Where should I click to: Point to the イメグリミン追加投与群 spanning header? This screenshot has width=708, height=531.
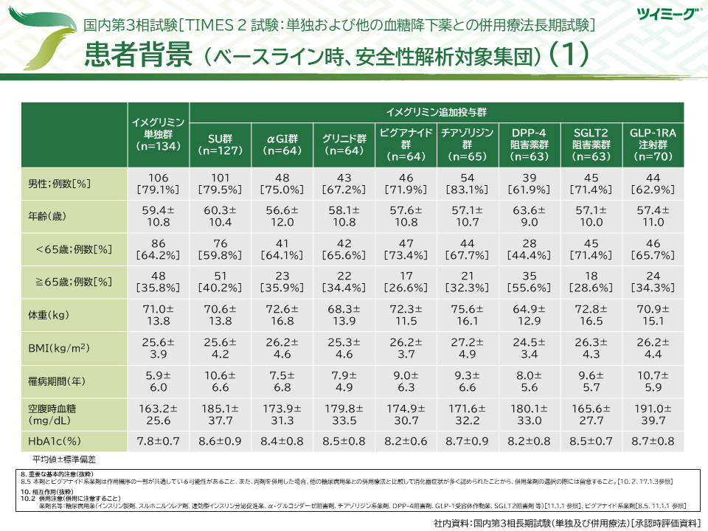pos(437,112)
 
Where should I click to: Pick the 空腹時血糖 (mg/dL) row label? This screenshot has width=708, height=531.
pos(58,414)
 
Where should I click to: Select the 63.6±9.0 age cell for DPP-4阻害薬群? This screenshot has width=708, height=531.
pos(529,216)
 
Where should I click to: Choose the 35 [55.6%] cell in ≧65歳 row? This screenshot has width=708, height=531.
pos(529,282)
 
